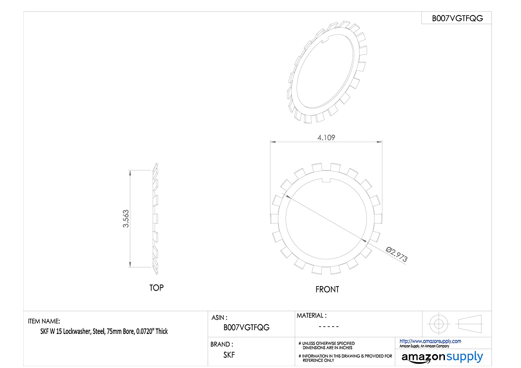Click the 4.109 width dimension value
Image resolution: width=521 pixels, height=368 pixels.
pos(326,137)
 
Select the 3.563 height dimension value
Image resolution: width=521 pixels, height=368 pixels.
pos(126,218)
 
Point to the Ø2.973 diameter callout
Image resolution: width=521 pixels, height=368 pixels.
pos(396,254)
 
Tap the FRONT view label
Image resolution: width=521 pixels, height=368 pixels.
pos(327,290)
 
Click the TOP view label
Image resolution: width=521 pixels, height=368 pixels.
pos(157,288)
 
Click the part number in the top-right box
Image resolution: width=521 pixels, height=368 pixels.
pos(457,18)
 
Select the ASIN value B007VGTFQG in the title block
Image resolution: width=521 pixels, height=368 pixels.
pos(246,327)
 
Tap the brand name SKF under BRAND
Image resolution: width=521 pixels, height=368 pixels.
pos(229,355)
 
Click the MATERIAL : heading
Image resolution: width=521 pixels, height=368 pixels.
pos(312,316)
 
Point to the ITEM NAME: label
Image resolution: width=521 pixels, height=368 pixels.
pos(44,321)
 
